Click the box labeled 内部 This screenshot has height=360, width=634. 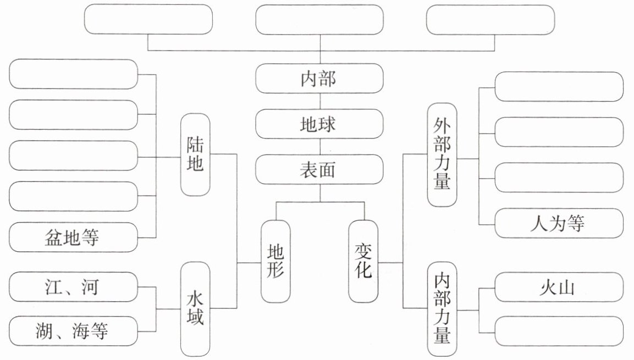pyautogui.click(x=319, y=79)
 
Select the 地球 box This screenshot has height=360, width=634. pyautogui.click(x=319, y=124)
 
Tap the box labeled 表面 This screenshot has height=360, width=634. pyautogui.click(x=319, y=169)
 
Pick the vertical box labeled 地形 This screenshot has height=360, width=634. pyautogui.click(x=275, y=261)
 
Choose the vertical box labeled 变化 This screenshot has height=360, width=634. pyautogui.click(x=363, y=261)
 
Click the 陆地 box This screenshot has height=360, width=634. pyautogui.click(x=195, y=155)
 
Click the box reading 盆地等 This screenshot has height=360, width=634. pyautogui.click(x=74, y=237)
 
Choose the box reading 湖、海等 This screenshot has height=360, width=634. pyautogui.click(x=74, y=331)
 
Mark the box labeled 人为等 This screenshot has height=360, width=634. pyautogui.click(x=559, y=223)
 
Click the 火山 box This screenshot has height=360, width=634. pyautogui.click(x=559, y=287)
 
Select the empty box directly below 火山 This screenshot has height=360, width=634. pyautogui.click(x=559, y=331)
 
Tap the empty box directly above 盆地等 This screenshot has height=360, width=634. pyautogui.click(x=74, y=196)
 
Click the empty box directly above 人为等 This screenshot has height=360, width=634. pyautogui.click(x=559, y=178)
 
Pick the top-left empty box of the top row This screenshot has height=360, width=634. pyautogui.click(x=148, y=19)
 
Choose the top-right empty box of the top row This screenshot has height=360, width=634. pyautogui.click(x=490, y=19)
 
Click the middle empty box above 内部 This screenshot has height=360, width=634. pyautogui.click(x=319, y=19)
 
